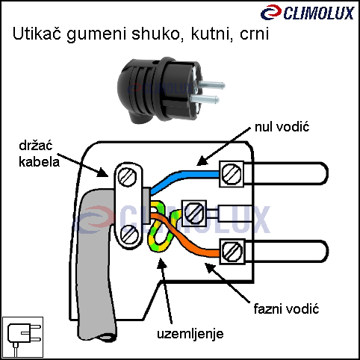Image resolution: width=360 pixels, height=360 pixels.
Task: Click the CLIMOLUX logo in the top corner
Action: [308, 13]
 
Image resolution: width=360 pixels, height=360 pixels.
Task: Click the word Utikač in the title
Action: [37, 34]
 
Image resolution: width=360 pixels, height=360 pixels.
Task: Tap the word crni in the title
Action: [254, 34]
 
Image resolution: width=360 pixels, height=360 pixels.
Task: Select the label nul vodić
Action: [282, 127]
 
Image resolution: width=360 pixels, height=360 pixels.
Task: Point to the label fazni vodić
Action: [286, 309]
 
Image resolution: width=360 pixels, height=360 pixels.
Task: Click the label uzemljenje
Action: [190, 334]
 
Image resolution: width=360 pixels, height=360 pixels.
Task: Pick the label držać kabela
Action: [40, 154]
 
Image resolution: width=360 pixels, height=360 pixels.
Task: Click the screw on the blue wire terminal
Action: [232, 174]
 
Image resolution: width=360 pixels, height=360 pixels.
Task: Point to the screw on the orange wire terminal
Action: [232, 252]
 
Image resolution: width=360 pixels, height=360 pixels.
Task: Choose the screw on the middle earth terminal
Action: [194, 213]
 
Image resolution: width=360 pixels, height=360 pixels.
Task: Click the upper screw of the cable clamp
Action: [127, 177]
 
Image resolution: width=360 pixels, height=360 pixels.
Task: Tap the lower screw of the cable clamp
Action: [129, 235]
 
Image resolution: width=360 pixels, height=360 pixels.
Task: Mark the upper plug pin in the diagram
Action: [285, 173]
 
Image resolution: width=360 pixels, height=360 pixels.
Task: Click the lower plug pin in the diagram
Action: [286, 251]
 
